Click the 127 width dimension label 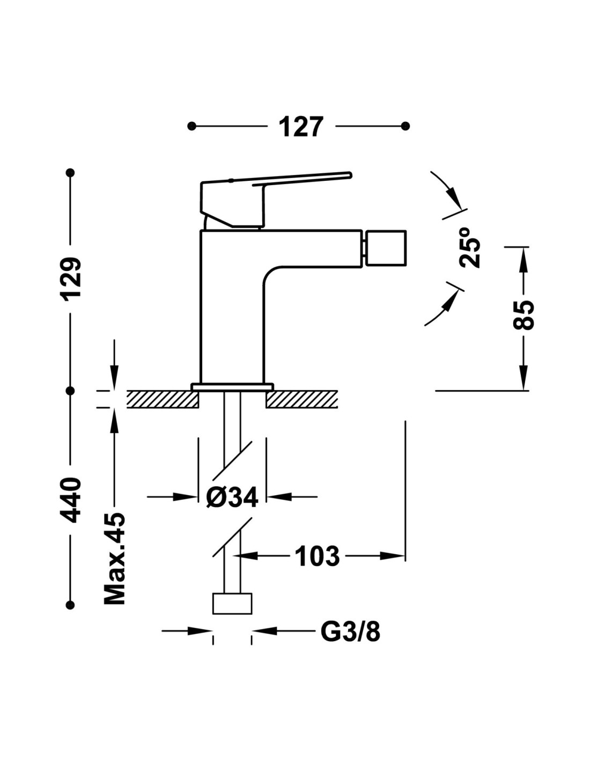click(301, 127)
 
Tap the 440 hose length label click(70, 499)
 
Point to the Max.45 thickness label click(114, 558)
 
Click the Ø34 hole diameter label click(232, 497)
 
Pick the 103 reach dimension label click(318, 556)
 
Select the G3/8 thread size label click(350, 632)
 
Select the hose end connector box click(232, 603)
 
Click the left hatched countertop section click(163, 399)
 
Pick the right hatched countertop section click(301, 399)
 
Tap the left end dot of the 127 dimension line click(191, 127)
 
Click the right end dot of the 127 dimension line click(406, 127)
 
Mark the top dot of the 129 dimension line click(70, 173)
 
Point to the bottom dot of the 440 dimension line click(70, 605)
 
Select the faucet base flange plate click(232, 386)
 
